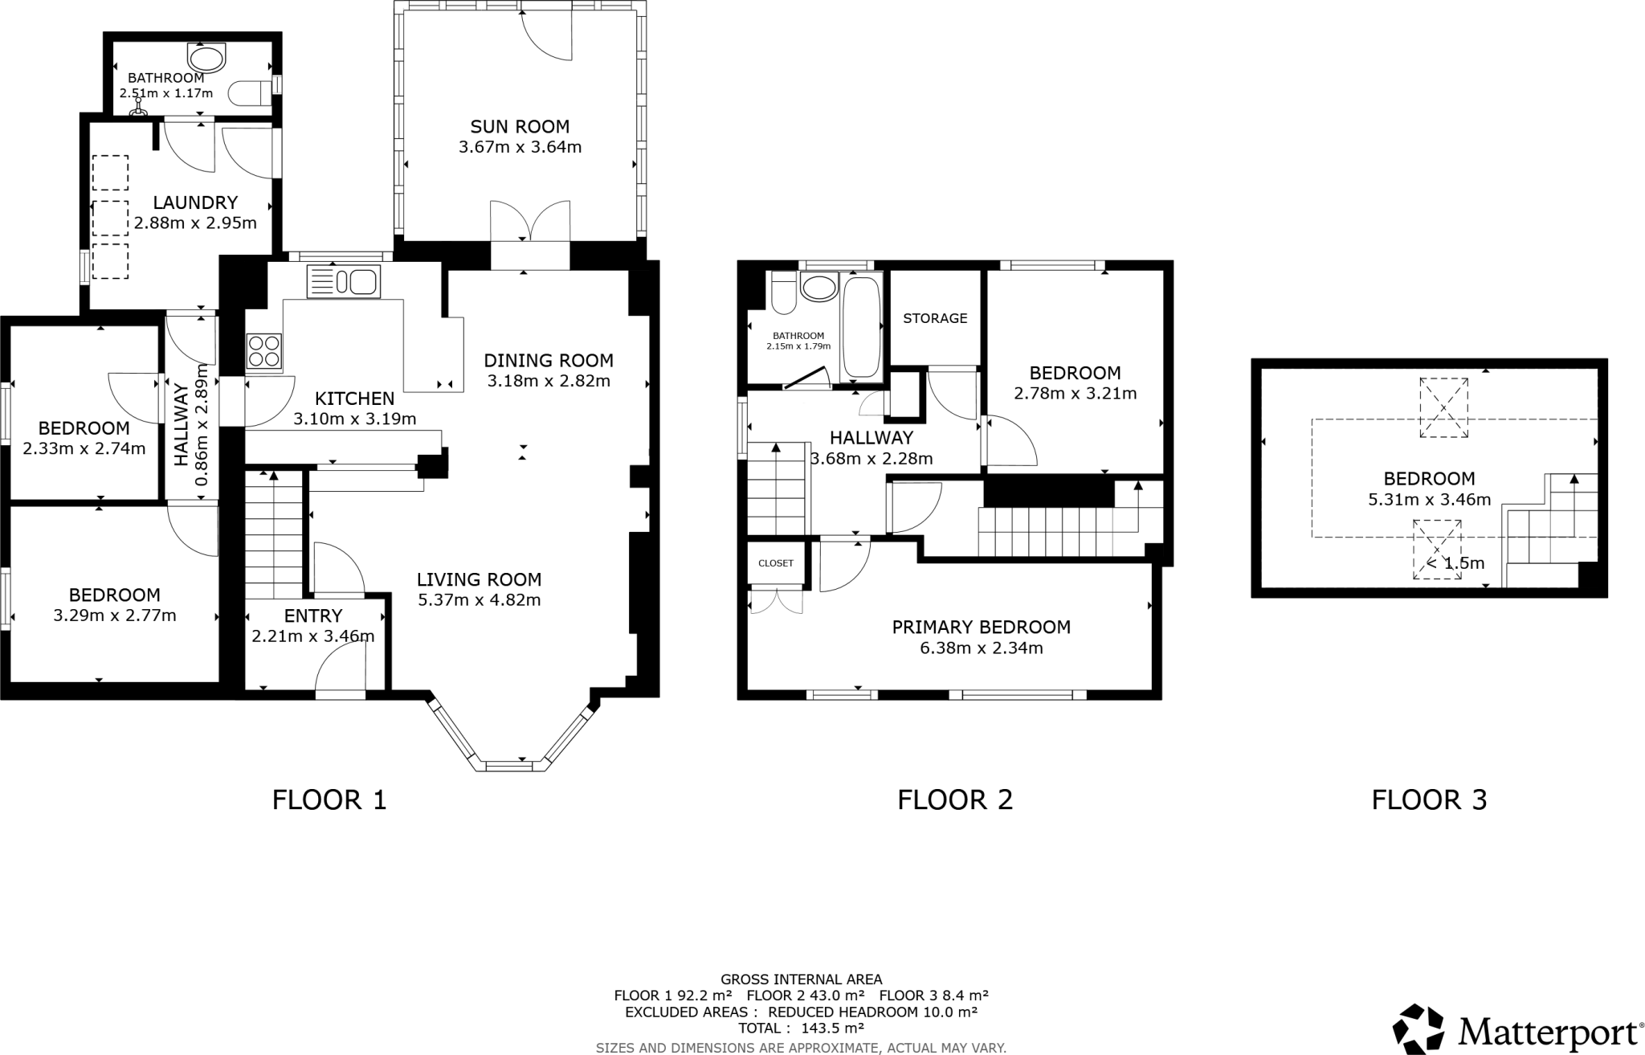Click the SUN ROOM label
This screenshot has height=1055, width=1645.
point(520,126)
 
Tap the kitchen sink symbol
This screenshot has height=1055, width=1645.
point(343,282)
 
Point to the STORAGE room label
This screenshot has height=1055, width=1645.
point(935,318)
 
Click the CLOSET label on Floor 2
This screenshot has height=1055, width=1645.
point(775,563)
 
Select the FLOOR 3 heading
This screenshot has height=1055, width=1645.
point(1429,799)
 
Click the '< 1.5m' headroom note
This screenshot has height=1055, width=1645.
point(1455,563)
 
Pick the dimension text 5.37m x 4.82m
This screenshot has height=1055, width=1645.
point(479,600)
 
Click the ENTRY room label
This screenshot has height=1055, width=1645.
point(313,615)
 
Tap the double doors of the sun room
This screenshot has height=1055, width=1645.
point(530,222)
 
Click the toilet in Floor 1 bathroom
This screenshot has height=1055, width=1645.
point(252,92)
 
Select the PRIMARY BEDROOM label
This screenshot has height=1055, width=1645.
point(981,627)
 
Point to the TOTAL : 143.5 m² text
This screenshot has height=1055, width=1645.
point(801,1028)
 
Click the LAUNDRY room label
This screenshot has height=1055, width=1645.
point(195,202)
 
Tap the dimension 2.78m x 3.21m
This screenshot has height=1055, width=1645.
point(1075,394)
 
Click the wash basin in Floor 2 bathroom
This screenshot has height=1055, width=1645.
point(818,288)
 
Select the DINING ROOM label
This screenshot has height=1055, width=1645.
point(548,360)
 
